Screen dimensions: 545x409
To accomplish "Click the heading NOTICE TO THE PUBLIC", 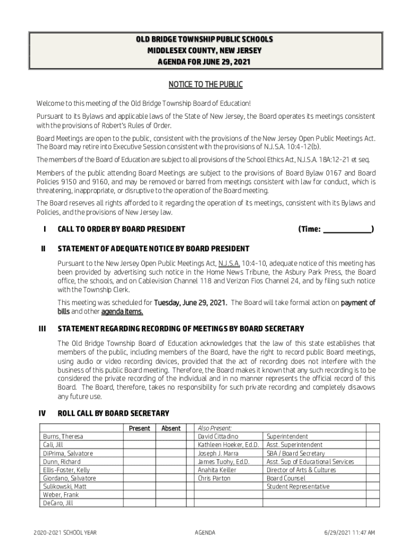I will coord(205,85).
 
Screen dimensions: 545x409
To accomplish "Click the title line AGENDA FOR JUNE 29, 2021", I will coord(204,62).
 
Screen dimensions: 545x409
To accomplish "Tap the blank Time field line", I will coord(347,229).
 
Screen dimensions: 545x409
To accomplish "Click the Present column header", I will coord(139,428).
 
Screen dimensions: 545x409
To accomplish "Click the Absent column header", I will coord(171,428).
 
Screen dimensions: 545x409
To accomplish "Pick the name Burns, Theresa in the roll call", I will coord(63,436).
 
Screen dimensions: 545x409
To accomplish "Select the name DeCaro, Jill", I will coord(58,503).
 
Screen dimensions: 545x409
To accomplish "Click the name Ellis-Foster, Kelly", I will coord(66,470).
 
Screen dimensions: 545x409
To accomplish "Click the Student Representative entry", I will coord(297,486).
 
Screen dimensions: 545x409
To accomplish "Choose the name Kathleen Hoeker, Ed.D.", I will coord(228,445).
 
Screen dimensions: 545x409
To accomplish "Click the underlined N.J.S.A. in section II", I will coord(229,263).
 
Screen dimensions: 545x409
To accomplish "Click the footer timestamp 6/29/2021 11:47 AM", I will coord(348,532).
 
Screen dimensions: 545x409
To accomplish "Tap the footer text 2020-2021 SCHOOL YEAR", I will coord(64,532).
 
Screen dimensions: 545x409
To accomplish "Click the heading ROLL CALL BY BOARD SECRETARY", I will coord(113,413).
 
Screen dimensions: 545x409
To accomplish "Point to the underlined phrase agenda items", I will coord(122,311).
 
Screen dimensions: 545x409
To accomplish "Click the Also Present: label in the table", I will coord(215,428).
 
